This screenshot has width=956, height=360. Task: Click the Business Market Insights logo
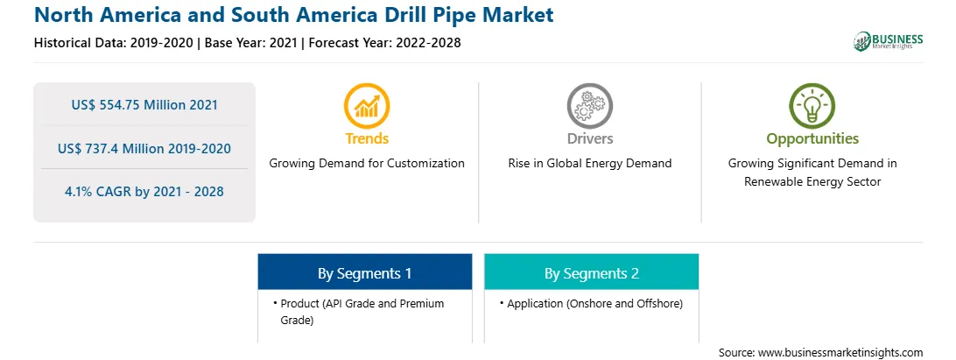coord(889,41)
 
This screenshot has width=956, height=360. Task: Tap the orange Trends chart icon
coord(367,106)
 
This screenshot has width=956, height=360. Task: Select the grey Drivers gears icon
coord(589,106)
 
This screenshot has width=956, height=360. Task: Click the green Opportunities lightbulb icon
coord(812,106)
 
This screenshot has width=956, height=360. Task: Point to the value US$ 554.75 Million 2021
coord(144,105)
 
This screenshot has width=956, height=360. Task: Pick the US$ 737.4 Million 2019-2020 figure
coord(144,148)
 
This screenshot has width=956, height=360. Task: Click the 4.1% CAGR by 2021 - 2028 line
coord(144,192)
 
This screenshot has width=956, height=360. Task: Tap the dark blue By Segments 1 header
coord(364,272)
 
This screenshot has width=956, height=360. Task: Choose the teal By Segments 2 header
coord(592,272)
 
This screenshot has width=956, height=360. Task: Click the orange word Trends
coord(367,138)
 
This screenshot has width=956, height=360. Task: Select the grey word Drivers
coord(589,138)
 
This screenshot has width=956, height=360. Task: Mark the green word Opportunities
coord(812,139)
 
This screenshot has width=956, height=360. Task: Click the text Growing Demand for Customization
coord(367,164)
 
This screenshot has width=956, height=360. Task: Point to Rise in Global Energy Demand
coord(589,164)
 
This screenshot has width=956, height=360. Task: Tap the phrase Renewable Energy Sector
coord(812,182)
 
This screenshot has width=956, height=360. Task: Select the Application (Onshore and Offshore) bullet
coord(592,303)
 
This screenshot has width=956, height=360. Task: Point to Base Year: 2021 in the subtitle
coord(251,43)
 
